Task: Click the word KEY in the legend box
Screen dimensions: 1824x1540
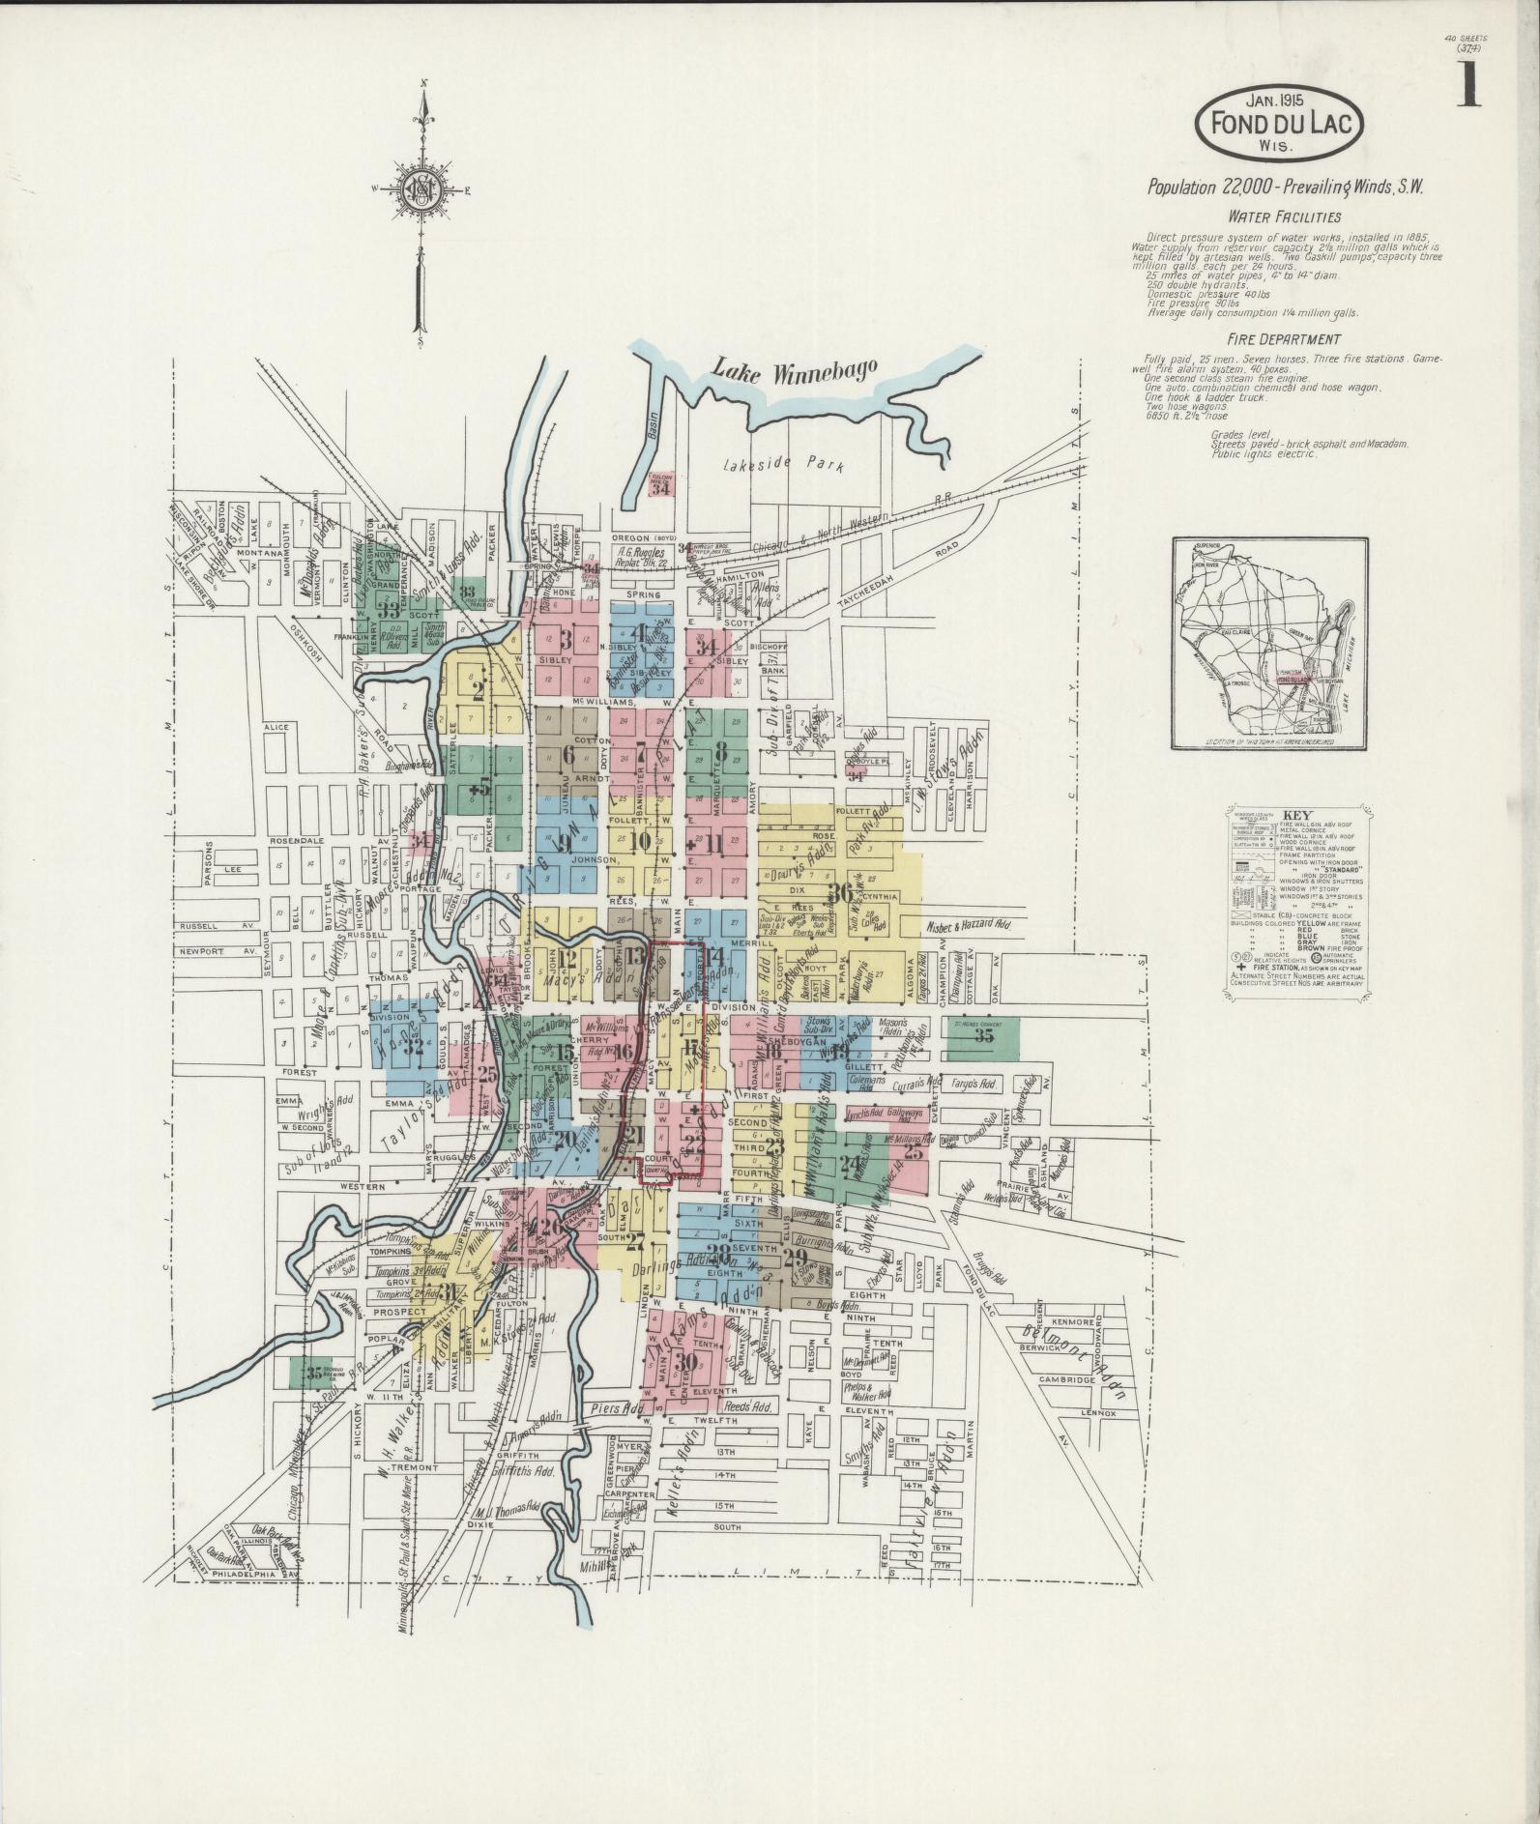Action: (1295, 814)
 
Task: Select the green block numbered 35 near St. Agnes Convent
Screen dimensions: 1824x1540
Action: (984, 1037)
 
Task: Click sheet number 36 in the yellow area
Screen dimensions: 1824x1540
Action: (843, 893)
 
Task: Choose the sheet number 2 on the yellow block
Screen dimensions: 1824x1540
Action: (478, 689)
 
